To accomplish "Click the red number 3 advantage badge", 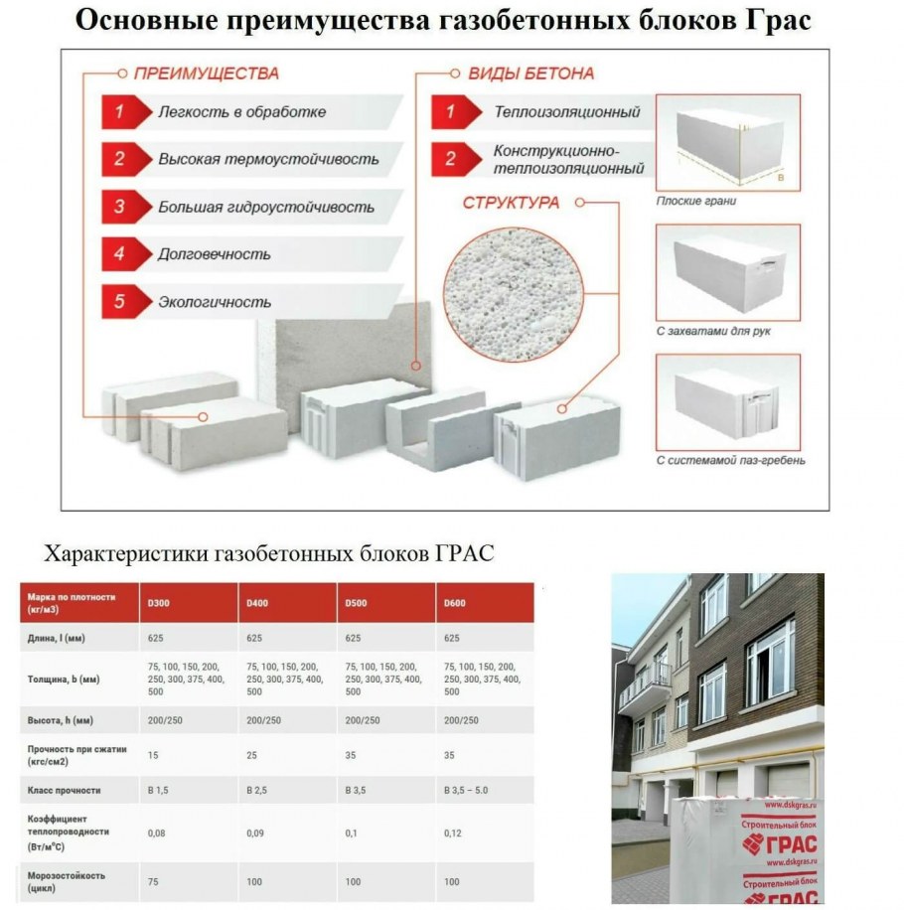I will pyautogui.click(x=119, y=207).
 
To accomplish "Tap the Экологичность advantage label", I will pyautogui.click(x=214, y=302).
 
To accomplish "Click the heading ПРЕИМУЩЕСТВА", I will pyautogui.click(x=207, y=74).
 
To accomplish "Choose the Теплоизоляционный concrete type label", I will pyautogui.click(x=566, y=112).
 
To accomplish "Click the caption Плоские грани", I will pyautogui.click(x=696, y=201).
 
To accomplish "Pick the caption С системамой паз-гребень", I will pyautogui.click(x=730, y=460).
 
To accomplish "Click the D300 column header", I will pyautogui.click(x=159, y=602).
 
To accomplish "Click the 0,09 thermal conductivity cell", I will pyautogui.click(x=255, y=832).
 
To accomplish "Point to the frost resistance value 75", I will pyautogui.click(x=154, y=881).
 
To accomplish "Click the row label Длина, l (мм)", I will pyautogui.click(x=57, y=638).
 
